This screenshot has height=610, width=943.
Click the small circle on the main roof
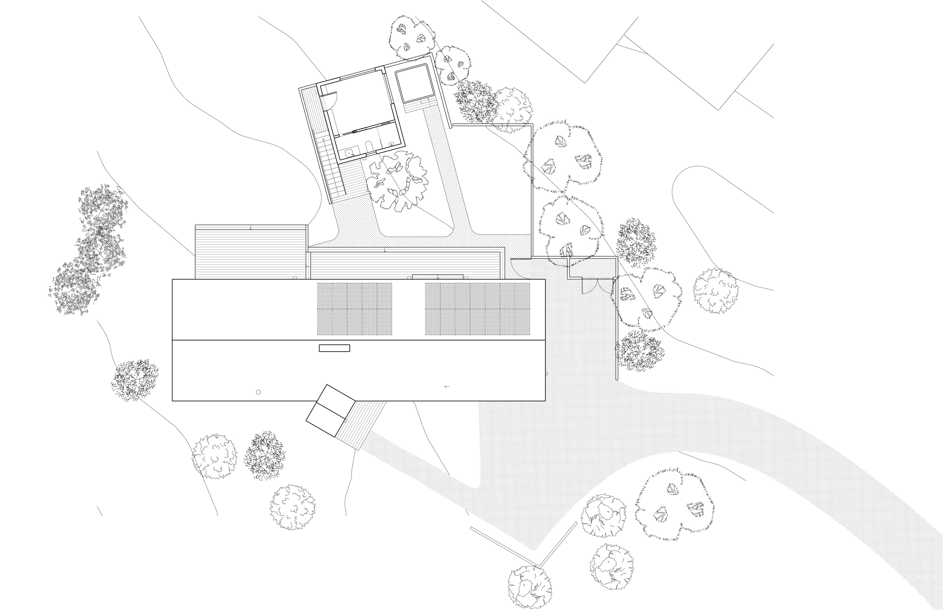(x=258, y=392)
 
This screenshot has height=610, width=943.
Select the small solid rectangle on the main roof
(x=334, y=348)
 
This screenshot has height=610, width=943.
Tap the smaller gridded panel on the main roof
(x=354, y=309)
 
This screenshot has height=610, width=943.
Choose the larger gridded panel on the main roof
(x=477, y=309)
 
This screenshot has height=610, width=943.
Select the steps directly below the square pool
(x=419, y=106)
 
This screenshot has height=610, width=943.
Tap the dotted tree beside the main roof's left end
(x=135, y=379)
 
